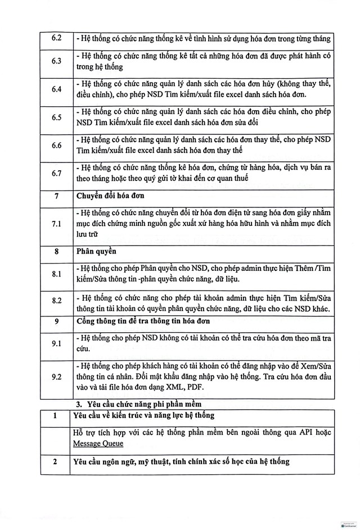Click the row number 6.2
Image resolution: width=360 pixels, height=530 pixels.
(x=56, y=39)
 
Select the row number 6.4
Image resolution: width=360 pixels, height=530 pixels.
(x=56, y=89)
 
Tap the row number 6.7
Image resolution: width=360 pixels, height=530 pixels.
(x=56, y=173)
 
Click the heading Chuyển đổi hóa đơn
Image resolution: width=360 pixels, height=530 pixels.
(x=110, y=197)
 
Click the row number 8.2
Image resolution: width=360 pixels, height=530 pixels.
(x=56, y=301)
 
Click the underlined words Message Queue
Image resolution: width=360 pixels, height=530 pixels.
(x=98, y=443)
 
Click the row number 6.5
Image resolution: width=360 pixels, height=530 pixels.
(x=56, y=117)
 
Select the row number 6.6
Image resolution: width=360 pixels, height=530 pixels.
(x=56, y=145)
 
